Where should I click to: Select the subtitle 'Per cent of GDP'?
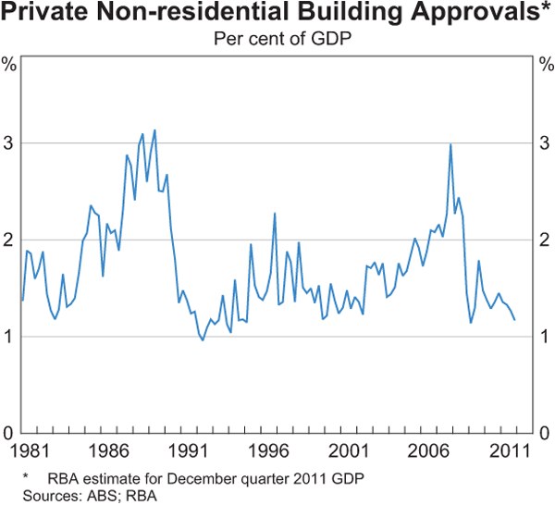277,40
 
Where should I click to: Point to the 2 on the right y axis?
546,240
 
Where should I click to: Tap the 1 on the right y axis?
546,337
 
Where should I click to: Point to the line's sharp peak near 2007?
450,144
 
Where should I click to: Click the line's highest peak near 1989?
154,130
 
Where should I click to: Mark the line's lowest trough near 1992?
203,339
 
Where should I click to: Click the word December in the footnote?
174,477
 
